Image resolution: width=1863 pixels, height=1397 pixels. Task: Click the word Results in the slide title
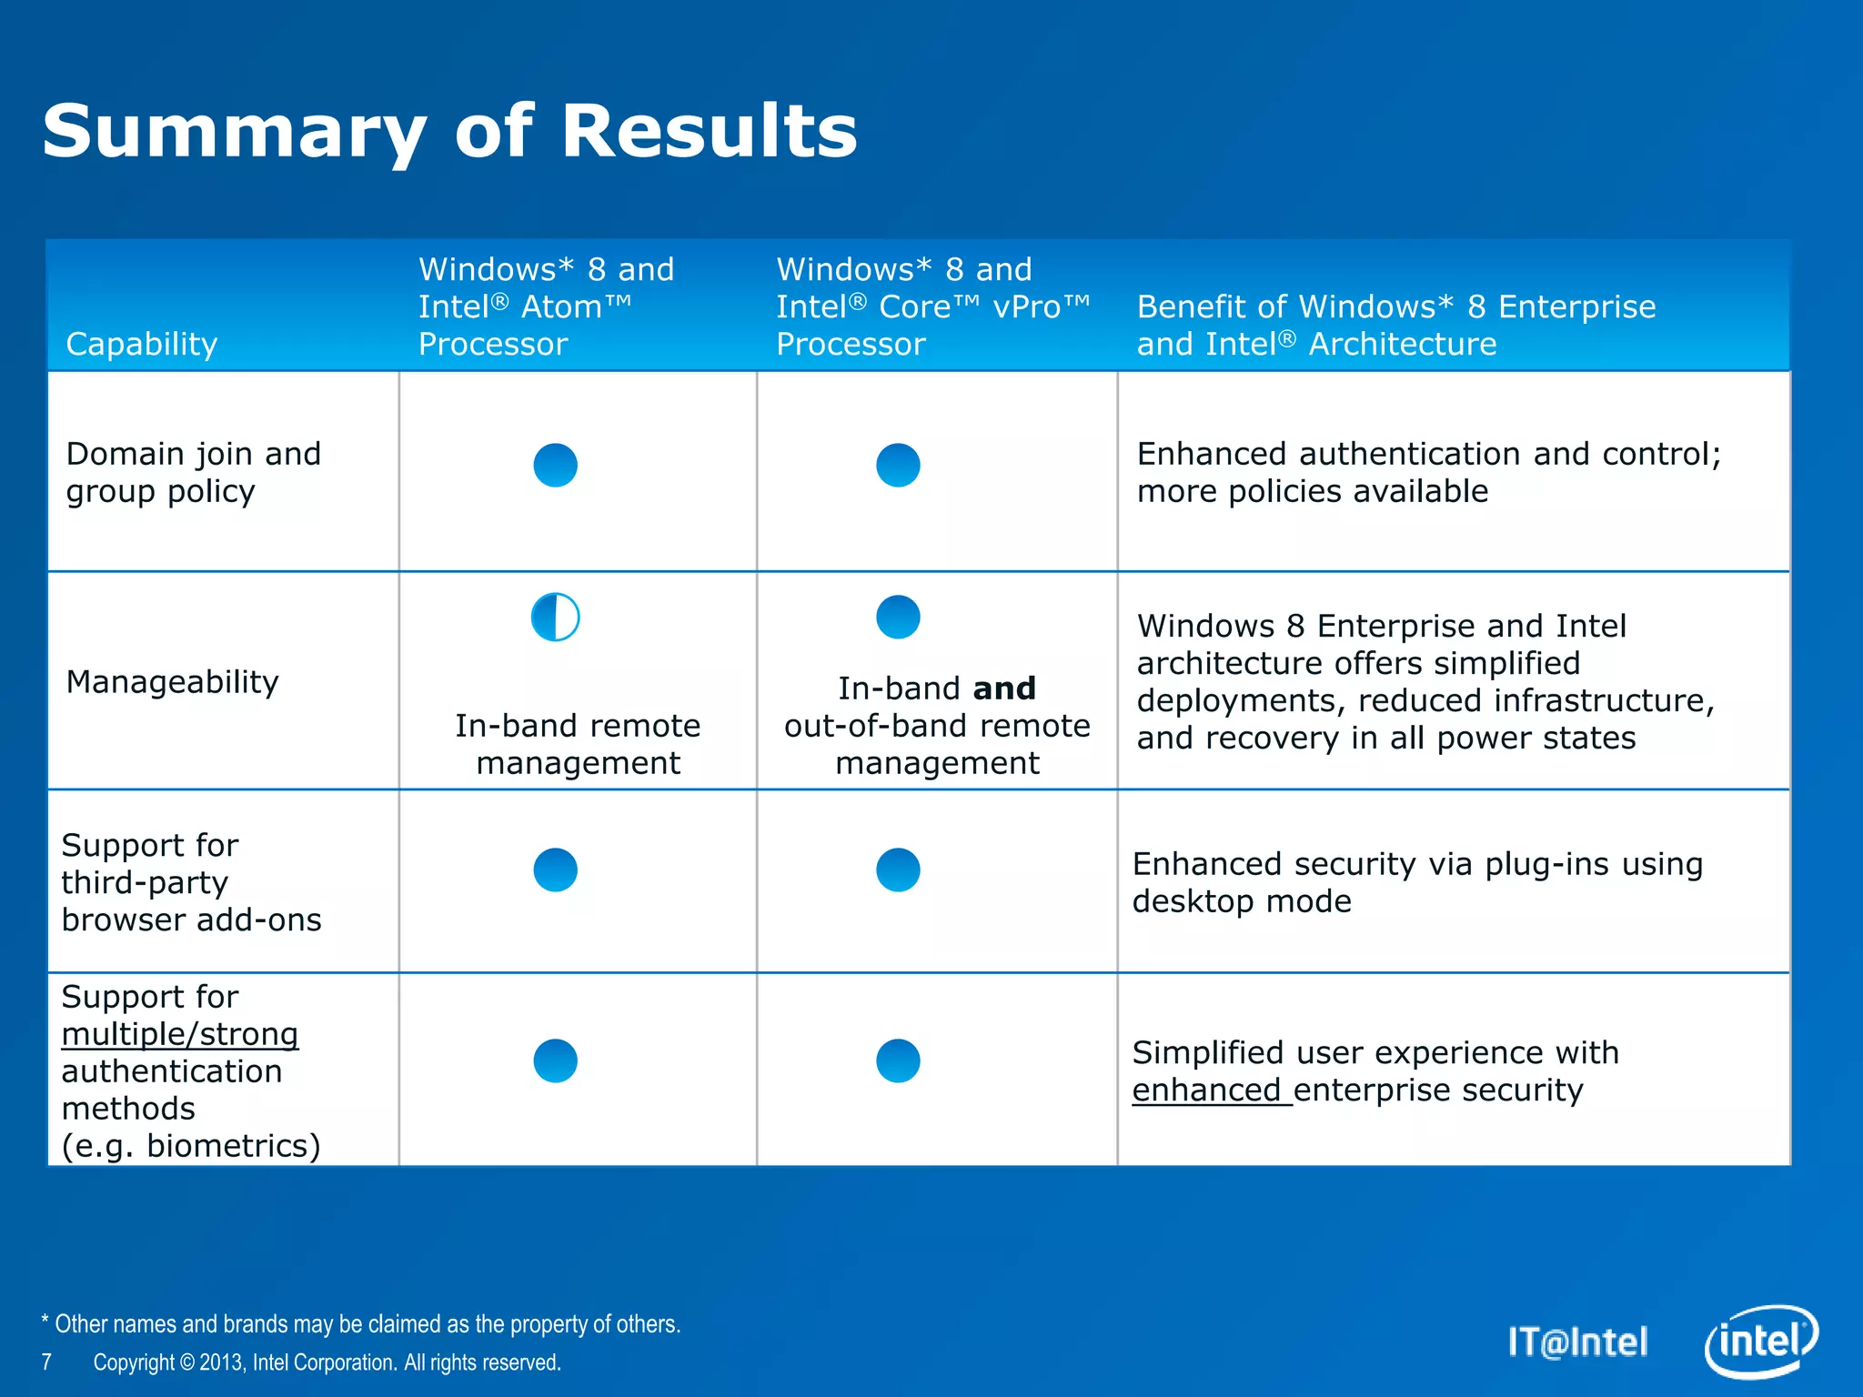point(709,131)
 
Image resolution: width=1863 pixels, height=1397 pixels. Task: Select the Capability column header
point(142,344)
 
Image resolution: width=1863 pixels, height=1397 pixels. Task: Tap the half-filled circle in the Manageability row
point(555,618)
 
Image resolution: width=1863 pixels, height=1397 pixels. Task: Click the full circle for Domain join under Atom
point(555,465)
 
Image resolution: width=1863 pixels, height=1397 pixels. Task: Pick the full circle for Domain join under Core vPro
point(898,465)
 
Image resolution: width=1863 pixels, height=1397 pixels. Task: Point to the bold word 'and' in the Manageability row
point(1004,688)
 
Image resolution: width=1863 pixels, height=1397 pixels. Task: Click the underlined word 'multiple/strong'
point(180,1034)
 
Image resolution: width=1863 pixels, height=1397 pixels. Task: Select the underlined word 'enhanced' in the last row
point(1206,1090)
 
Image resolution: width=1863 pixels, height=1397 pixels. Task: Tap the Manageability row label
point(172,681)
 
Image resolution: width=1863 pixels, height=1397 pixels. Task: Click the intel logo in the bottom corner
point(1760,1342)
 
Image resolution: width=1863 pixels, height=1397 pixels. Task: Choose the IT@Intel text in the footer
point(1577,1342)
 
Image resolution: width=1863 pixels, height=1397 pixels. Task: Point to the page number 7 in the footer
point(46,1362)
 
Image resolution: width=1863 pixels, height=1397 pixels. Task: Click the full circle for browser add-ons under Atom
point(555,869)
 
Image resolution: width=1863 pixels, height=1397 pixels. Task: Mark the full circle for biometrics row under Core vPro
point(898,1060)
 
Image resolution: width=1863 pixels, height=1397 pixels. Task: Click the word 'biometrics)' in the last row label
point(234,1146)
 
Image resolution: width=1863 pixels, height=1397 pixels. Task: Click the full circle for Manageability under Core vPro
point(898,617)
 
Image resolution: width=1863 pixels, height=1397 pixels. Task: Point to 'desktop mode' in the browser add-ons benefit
point(1242,901)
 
